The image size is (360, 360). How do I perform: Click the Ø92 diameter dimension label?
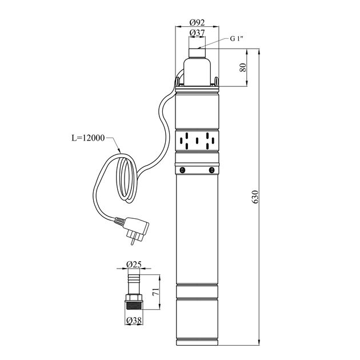click(197, 22)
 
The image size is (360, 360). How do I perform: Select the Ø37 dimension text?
click(197, 33)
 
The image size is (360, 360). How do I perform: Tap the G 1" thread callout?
click(237, 39)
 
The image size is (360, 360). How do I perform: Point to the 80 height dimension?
click(243, 67)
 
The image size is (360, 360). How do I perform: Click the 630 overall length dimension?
click(255, 197)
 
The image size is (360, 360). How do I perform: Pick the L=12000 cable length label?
click(88, 138)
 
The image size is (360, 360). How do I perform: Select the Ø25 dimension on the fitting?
click(134, 265)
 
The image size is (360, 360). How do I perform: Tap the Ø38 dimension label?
click(134, 321)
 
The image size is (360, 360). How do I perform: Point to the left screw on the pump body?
click(183, 170)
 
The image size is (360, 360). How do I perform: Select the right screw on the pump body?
click(211, 170)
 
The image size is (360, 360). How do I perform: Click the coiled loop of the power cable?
click(126, 178)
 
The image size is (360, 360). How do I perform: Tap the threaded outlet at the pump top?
click(197, 53)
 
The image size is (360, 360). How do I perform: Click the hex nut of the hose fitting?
click(134, 298)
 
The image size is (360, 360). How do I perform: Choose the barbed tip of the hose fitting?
click(134, 279)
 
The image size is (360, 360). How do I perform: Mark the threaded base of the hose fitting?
click(134, 306)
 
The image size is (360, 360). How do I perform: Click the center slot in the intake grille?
click(197, 141)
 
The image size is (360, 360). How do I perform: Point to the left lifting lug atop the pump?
click(178, 82)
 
